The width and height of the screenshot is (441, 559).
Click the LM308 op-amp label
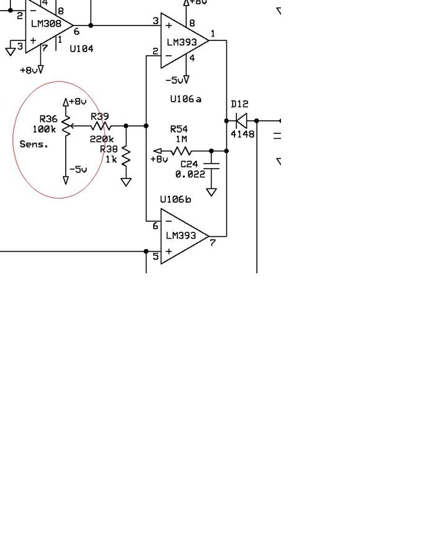coord(46,24)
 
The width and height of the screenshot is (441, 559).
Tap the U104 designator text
coord(81,48)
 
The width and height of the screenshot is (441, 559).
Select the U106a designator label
coord(185,99)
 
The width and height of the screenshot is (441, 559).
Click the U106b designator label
coord(175,200)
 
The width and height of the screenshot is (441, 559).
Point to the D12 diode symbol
coord(241,121)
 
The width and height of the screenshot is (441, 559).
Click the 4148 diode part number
coord(243,134)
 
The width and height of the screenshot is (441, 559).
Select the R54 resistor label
coord(179,129)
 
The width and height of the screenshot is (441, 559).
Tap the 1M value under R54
coord(181,139)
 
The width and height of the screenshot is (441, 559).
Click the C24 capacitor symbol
coord(212,165)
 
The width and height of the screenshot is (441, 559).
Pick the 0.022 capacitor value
coord(190,174)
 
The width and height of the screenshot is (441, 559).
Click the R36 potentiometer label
coord(48,119)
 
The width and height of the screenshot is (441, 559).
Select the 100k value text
coord(44,129)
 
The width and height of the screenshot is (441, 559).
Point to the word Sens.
coord(33,144)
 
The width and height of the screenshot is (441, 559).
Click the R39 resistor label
coord(99,117)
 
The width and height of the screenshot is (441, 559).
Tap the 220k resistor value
coord(102,139)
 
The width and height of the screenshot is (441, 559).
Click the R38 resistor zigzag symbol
coord(126,156)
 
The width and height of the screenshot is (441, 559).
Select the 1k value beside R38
coord(111,159)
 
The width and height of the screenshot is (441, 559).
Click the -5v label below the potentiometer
coord(78,169)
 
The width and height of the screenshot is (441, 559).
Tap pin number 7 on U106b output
coord(213,243)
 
